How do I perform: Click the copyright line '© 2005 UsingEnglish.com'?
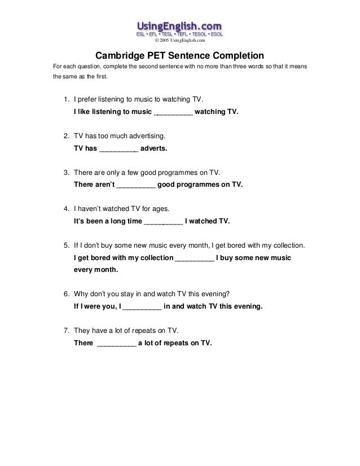click(180, 41)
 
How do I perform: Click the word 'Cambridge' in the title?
click(117, 56)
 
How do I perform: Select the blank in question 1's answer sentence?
click(173, 113)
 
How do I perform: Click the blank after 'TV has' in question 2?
click(118, 150)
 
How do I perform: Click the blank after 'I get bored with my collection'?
click(195, 258)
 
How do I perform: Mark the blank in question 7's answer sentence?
click(117, 344)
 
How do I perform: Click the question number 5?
click(65, 247)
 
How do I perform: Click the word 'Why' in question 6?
click(81, 295)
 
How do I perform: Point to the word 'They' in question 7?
click(83, 332)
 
